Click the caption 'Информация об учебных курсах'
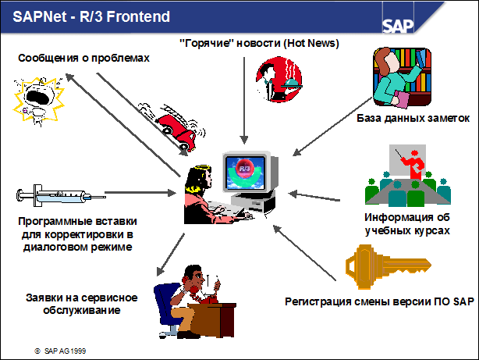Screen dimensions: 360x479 coord(407,223)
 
